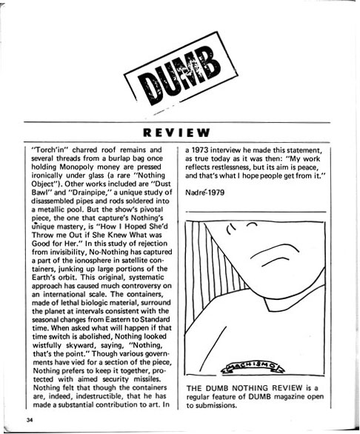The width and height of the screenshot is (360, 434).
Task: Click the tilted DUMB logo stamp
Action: click(179, 78)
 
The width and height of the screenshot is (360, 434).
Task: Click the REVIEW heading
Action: click(180, 133)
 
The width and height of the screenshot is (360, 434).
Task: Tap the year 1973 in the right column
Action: click(201, 147)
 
